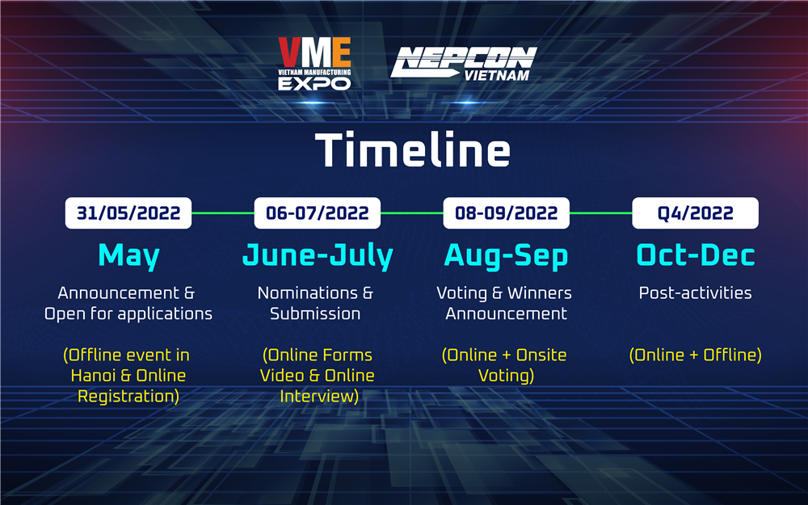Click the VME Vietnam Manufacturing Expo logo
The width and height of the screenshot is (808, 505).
click(314, 64)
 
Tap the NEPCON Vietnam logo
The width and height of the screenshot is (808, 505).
click(463, 64)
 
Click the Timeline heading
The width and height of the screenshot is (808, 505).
click(412, 149)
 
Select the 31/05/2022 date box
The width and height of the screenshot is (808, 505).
click(128, 213)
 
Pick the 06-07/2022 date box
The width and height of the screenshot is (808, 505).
click(318, 213)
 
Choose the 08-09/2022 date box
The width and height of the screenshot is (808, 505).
click(507, 213)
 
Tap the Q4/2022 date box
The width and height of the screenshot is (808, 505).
click(695, 213)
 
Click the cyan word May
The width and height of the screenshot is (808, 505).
click(128, 256)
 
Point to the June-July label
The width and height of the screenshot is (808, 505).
click(318, 256)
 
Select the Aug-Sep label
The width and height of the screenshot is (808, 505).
click(506, 256)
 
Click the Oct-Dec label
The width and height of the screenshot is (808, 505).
click(695, 255)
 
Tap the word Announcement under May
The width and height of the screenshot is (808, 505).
click(112, 292)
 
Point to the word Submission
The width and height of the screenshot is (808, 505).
click(315, 314)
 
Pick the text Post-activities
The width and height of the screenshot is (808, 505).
click(695, 292)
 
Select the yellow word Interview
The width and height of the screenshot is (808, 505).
click(318, 396)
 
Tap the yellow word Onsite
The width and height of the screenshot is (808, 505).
click(541, 355)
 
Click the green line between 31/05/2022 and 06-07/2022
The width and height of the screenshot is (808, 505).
click(223, 213)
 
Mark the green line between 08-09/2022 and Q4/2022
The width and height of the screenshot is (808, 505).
click(601, 213)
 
